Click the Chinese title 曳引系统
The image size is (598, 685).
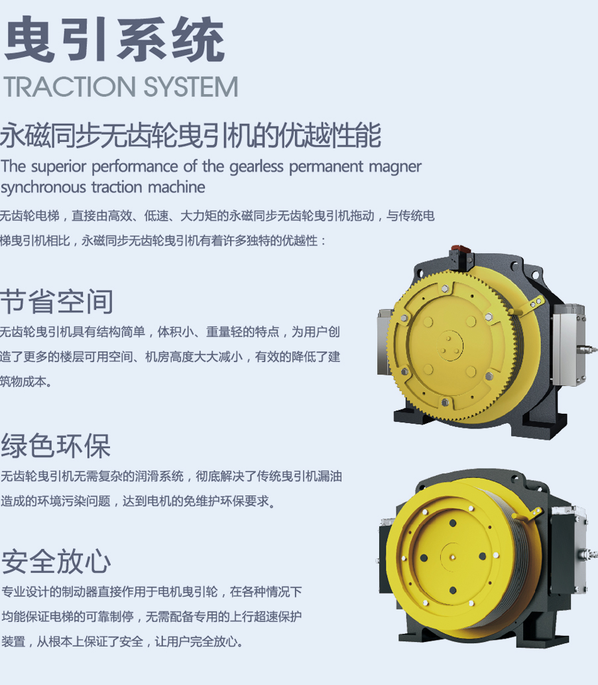pos(115,39)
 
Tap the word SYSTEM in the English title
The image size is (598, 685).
pos(191,86)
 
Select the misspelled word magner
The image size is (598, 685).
pos(395,167)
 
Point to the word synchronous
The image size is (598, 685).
pos(43,188)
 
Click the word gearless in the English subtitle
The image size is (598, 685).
pos(256,166)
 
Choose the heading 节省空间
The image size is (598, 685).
pos(57,302)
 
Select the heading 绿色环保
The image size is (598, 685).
pos(56,446)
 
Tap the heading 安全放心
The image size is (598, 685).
pos(56,562)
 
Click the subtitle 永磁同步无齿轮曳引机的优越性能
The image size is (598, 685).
pos(190,135)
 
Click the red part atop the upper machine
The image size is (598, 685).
pos(461,250)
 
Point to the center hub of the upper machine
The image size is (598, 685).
pos(450,345)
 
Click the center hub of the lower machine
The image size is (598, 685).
pos(453,557)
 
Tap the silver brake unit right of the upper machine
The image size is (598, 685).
pos(569,345)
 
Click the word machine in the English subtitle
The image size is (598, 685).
pos(176,188)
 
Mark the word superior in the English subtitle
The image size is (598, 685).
pos(59,167)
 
